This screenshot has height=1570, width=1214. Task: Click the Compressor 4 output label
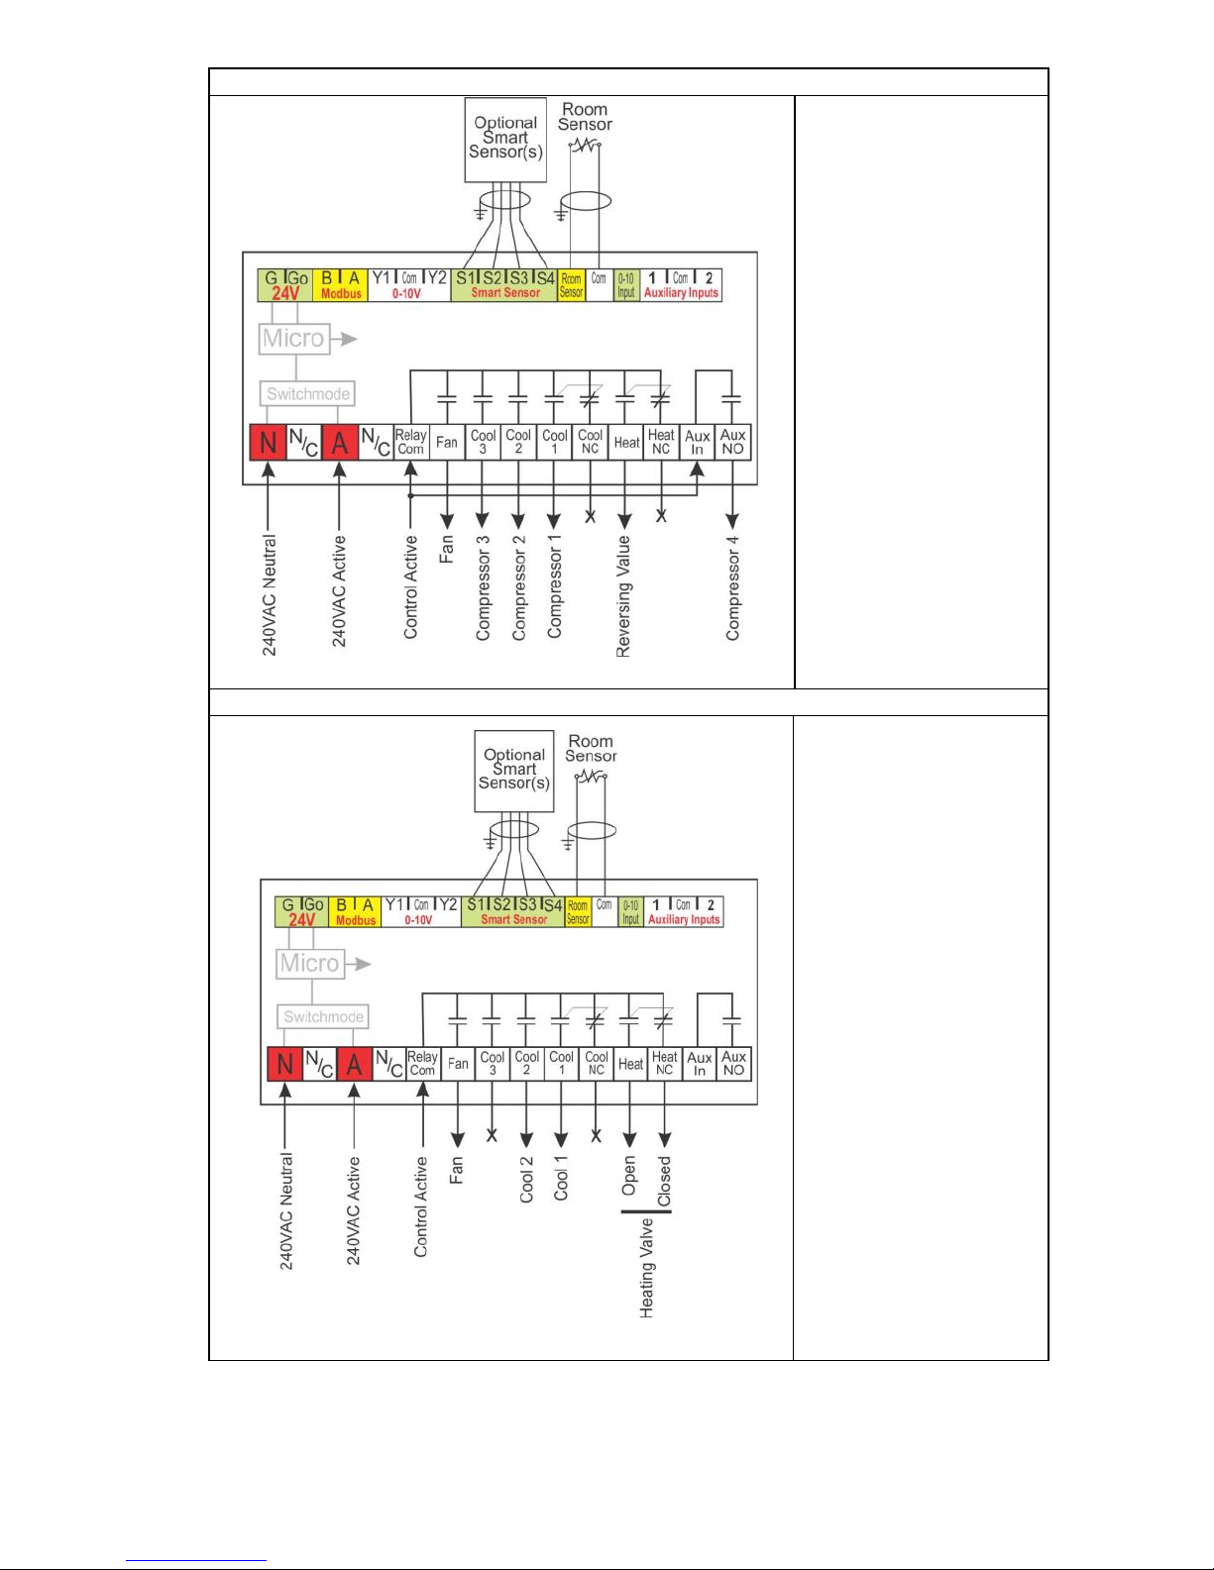[732, 588]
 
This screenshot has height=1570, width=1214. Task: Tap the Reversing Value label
[623, 595]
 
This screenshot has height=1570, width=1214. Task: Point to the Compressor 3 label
[483, 588]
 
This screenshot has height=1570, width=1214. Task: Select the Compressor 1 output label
[554, 586]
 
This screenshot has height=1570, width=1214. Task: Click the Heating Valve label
[647, 1268]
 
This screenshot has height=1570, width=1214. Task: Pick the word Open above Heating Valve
[629, 1176]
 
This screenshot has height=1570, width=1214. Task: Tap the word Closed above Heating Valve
[664, 1181]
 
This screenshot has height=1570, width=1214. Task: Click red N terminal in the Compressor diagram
[268, 443]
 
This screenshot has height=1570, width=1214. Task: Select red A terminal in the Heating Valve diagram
[354, 1065]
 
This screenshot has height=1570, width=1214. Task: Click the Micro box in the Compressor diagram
[293, 339]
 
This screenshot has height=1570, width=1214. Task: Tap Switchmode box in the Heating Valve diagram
[323, 1017]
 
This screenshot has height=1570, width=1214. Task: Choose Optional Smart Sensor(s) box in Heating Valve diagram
[514, 770]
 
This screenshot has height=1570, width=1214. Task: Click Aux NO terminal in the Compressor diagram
[732, 442]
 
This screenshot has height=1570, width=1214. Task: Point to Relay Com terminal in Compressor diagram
[410, 442]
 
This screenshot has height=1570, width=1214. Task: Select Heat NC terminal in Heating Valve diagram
[664, 1064]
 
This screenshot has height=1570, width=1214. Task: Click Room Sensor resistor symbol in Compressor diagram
[585, 146]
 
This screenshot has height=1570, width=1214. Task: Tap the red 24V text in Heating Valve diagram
[301, 920]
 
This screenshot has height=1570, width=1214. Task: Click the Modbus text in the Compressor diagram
[341, 294]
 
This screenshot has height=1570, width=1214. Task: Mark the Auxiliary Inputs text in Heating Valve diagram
[684, 920]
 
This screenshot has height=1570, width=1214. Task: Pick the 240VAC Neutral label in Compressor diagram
[270, 595]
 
